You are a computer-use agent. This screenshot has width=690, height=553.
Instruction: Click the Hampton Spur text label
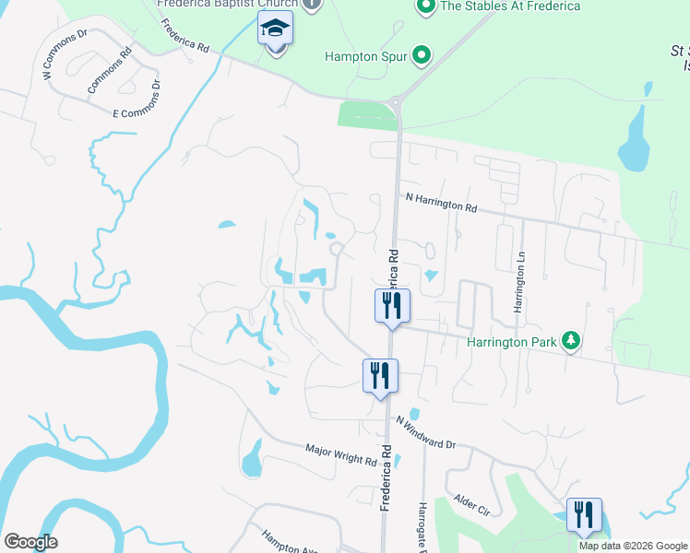click(x=364, y=56)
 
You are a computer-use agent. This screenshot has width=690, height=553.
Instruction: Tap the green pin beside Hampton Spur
click(x=422, y=56)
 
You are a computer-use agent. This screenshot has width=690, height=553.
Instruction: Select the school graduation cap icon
click(x=276, y=30)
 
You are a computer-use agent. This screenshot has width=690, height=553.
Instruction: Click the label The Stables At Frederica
click(x=510, y=6)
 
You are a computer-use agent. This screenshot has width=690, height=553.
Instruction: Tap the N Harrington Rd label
click(x=441, y=204)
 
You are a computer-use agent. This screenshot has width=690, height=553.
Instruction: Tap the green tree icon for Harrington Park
click(x=572, y=342)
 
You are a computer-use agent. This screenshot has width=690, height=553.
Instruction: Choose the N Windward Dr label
click(x=426, y=432)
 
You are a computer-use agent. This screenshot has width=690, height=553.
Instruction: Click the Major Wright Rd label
click(x=341, y=454)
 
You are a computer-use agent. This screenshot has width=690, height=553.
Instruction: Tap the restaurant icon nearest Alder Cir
click(x=584, y=514)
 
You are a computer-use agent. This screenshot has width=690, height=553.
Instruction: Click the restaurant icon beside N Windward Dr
click(x=379, y=374)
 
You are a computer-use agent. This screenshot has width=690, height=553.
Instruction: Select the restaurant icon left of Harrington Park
click(x=392, y=304)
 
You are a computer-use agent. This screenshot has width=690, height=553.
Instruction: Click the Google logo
click(x=30, y=542)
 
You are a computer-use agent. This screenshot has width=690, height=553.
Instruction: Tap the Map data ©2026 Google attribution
click(x=632, y=546)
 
